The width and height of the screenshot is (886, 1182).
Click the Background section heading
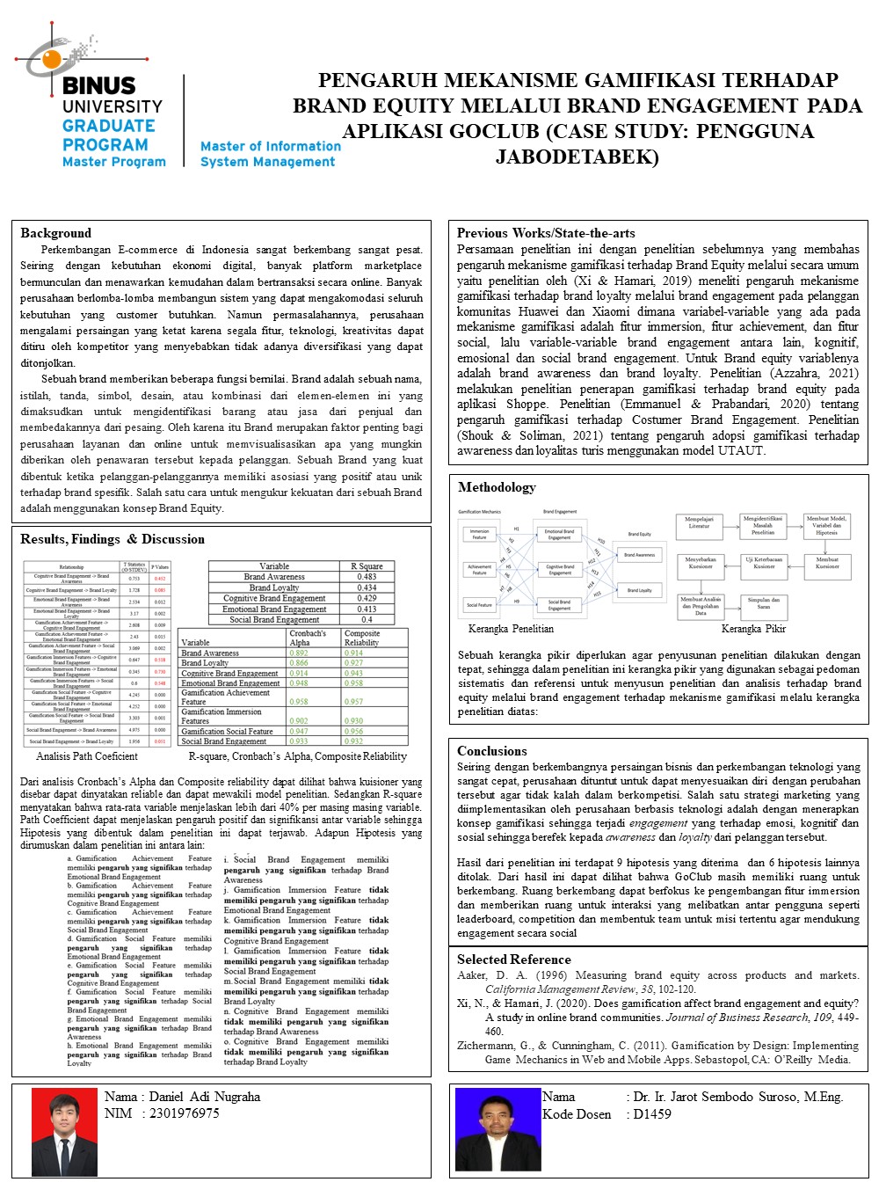(55, 233)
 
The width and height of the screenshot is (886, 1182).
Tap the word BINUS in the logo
(99, 86)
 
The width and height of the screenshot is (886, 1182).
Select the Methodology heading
(496, 487)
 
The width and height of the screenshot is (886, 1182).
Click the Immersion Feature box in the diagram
(479, 534)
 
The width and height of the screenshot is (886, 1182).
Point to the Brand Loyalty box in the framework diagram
(640, 590)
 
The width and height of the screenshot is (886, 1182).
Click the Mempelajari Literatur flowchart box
(699, 523)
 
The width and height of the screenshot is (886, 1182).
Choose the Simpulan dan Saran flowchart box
(763, 603)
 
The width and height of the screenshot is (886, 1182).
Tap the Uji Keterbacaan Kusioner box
(763, 563)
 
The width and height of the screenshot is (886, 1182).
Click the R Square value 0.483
(367, 577)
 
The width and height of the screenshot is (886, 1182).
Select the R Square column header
(367, 566)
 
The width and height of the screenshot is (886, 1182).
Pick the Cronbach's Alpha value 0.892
(299, 653)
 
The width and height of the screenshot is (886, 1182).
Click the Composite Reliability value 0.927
(353, 663)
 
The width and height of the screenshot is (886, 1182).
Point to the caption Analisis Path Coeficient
(87, 756)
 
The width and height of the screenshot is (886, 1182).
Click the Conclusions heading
(491, 751)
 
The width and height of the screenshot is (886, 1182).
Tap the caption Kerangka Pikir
(753, 629)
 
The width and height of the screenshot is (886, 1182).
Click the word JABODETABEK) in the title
(577, 157)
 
